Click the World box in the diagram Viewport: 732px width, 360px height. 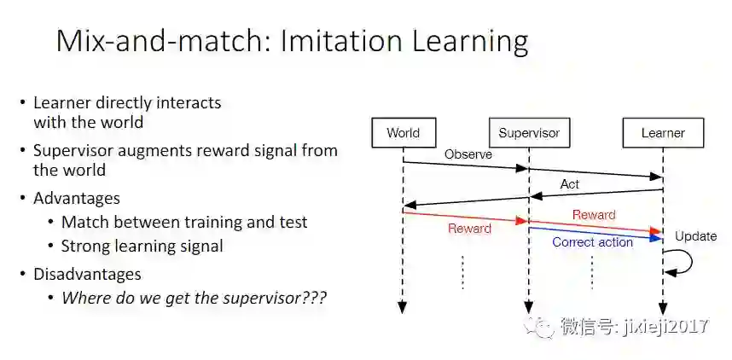coord(403,133)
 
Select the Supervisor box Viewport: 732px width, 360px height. coord(529,133)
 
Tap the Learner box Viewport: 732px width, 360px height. coord(663,133)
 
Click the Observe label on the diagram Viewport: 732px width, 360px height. coord(468,154)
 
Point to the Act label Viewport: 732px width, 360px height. coord(570,184)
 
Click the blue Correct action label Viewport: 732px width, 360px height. coord(592,242)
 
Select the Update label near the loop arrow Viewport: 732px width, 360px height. coord(695,236)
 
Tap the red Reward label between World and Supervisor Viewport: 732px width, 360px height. coord(469,229)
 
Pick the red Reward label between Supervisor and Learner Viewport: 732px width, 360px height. coord(594,215)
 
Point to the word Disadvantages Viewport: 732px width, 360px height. coord(87,274)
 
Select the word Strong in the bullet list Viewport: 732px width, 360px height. coord(85,247)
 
